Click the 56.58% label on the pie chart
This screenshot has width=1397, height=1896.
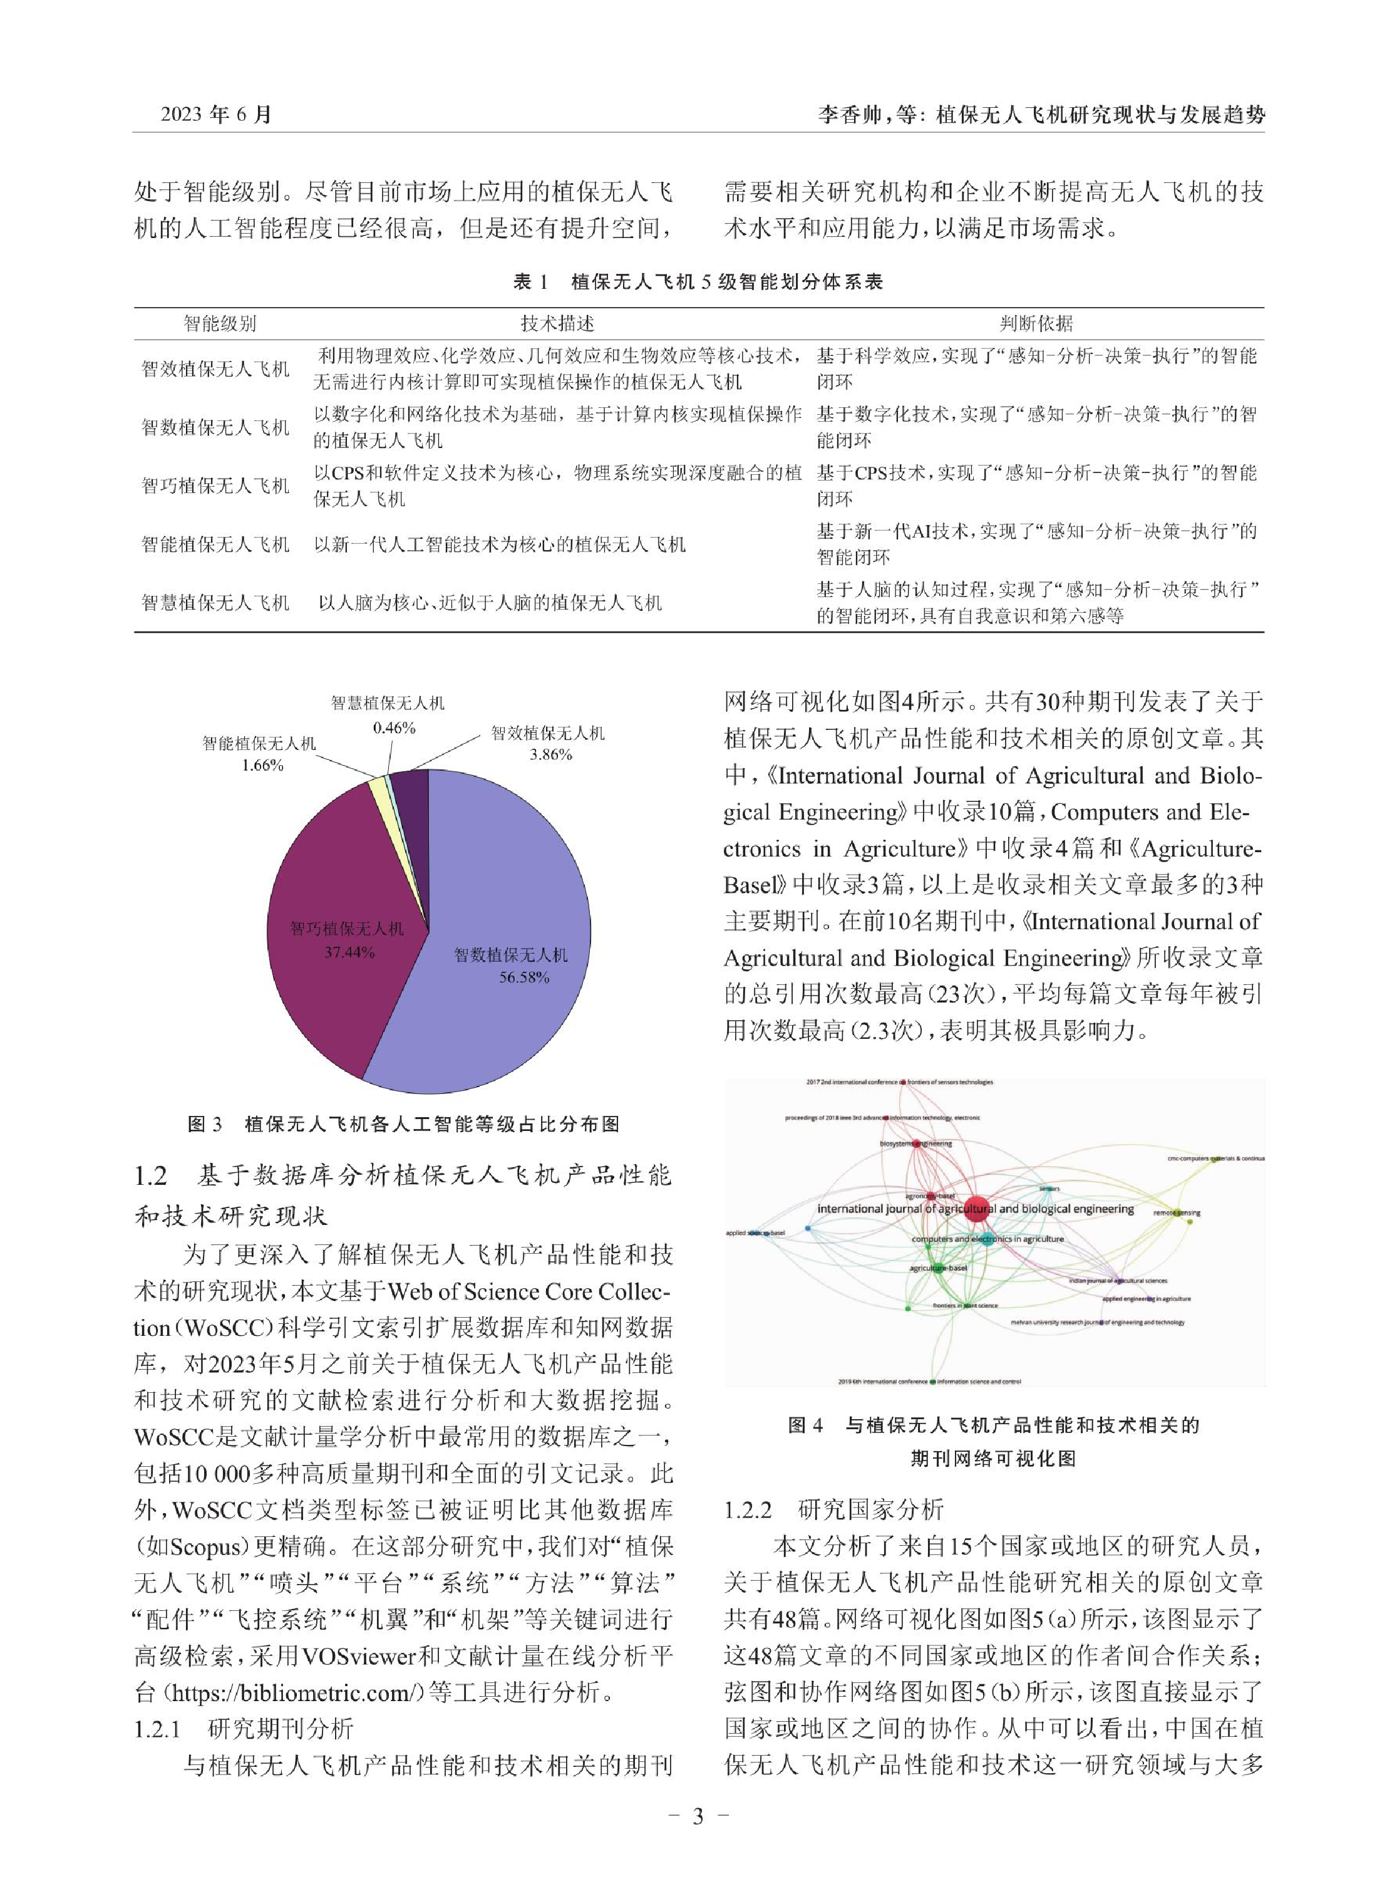coord(523,978)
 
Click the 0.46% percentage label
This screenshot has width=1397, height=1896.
coord(394,727)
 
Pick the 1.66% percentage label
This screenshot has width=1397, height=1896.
coord(262,765)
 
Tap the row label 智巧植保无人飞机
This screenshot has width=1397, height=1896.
coord(215,486)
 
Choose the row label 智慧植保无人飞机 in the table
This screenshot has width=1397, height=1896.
coord(215,602)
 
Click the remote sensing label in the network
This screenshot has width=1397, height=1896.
coord(1177,1213)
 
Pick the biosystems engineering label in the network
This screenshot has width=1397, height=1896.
coord(916,1143)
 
